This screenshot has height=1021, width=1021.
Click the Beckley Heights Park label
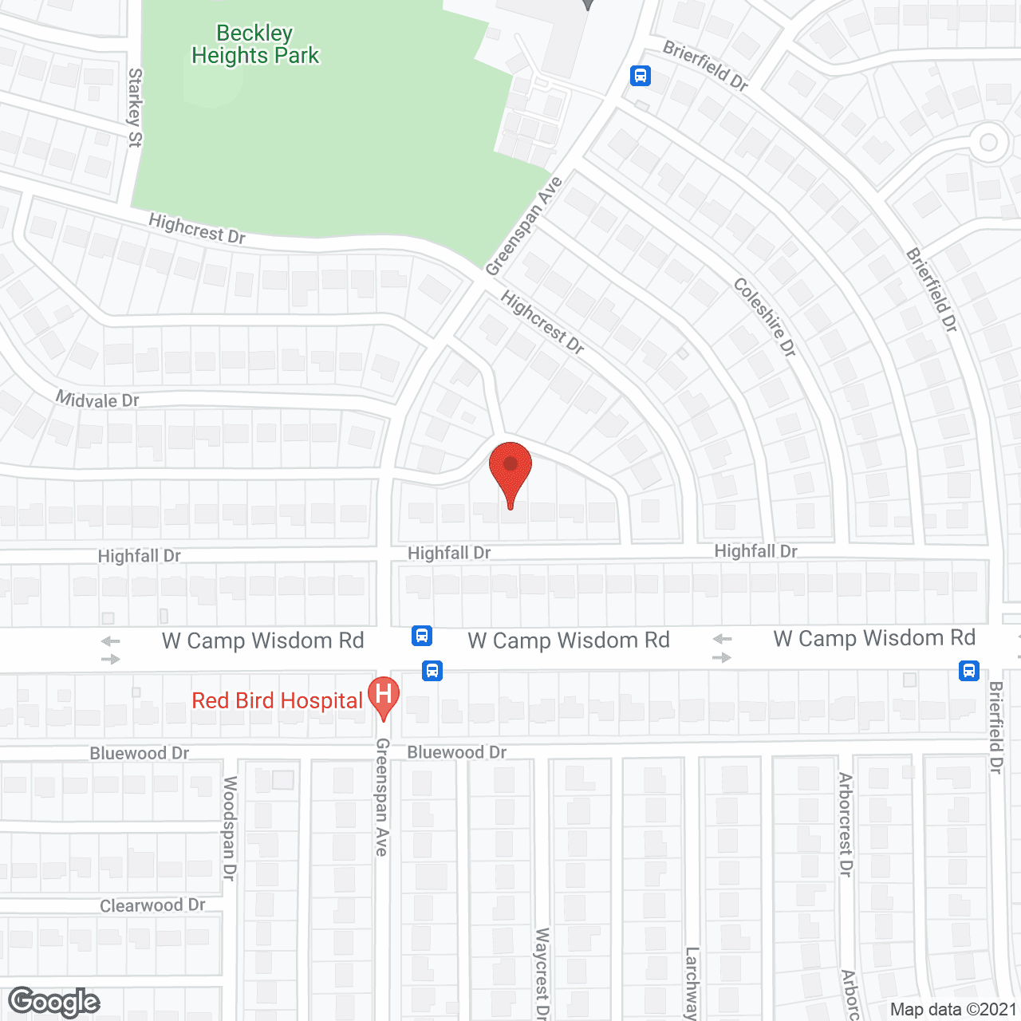[x=255, y=45]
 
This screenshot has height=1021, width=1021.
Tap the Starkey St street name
[x=135, y=108]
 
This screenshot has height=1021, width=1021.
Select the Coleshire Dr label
[x=764, y=317]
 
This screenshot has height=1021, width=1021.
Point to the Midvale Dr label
[x=97, y=400]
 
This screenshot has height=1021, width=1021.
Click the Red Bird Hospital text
[x=277, y=700]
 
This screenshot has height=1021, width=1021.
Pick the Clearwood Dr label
[x=152, y=905]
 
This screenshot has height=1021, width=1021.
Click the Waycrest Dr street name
[x=542, y=972]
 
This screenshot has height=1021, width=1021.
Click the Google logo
[x=53, y=1002]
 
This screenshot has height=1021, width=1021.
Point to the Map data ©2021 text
[x=953, y=1009]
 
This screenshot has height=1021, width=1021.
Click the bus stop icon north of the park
[x=640, y=76]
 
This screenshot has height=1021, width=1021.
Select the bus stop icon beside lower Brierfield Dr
[x=969, y=670]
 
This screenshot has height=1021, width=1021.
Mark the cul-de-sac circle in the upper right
[x=988, y=143]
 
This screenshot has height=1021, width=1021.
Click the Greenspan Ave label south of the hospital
[x=382, y=797]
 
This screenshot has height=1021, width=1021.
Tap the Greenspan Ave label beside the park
[x=523, y=227]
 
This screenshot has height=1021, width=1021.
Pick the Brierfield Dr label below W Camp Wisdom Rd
[x=995, y=727]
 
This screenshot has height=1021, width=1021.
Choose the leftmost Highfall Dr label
[x=139, y=556]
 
